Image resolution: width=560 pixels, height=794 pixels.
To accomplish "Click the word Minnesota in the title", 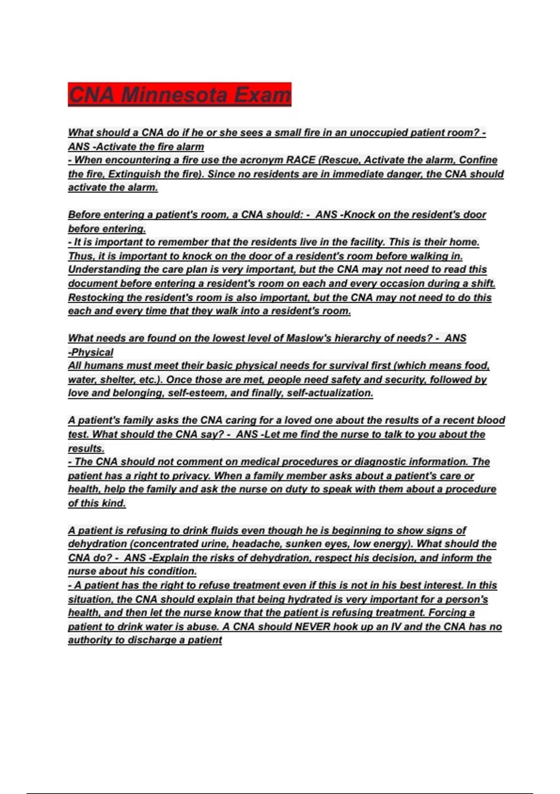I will (175, 95).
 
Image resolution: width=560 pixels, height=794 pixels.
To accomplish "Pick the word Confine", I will (478, 160).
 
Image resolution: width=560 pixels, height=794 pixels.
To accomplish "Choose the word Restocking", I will (96, 298).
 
